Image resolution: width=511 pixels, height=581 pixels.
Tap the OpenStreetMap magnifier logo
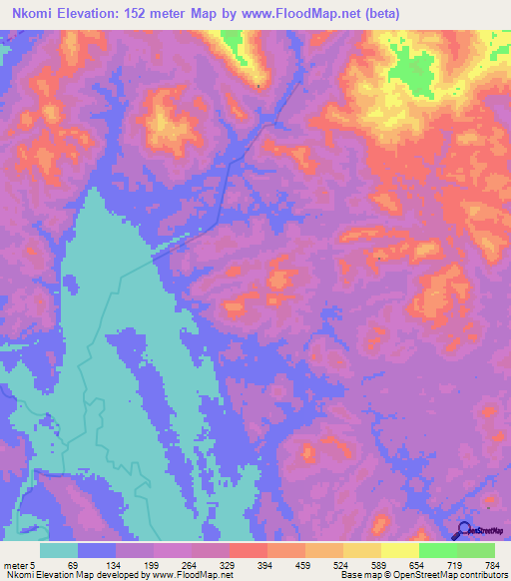(463, 530)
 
